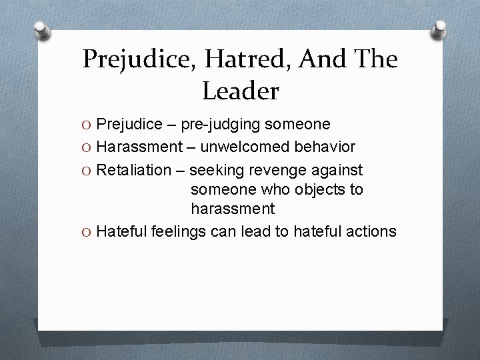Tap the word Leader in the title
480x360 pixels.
pyautogui.click(x=240, y=91)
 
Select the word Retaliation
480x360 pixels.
pyautogui.click(x=133, y=169)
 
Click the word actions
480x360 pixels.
pyautogui.click(x=371, y=231)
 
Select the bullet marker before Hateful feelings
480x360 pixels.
pyautogui.click(x=87, y=231)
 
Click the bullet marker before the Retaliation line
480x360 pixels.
pyautogui.click(x=87, y=169)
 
